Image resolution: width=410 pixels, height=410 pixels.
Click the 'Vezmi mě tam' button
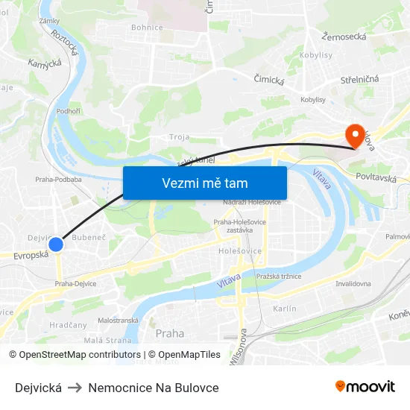[x=205, y=183]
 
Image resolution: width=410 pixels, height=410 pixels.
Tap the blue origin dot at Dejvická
[x=56, y=244]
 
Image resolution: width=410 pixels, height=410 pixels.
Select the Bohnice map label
[x=147, y=28]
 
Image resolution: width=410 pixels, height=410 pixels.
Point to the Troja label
[x=179, y=137]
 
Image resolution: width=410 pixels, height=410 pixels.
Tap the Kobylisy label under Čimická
[x=313, y=99]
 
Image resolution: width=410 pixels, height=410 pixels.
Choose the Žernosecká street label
[x=344, y=36]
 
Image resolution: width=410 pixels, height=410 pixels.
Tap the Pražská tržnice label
[x=278, y=277]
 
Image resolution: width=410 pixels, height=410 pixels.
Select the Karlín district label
[x=285, y=309]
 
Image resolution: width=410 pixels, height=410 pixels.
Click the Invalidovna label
[x=354, y=284]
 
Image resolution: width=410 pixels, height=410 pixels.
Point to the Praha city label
[x=170, y=333]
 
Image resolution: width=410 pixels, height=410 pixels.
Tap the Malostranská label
[x=118, y=320]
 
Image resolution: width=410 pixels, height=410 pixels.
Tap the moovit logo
[x=365, y=387]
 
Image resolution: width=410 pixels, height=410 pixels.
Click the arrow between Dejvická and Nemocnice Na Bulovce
[x=75, y=388]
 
